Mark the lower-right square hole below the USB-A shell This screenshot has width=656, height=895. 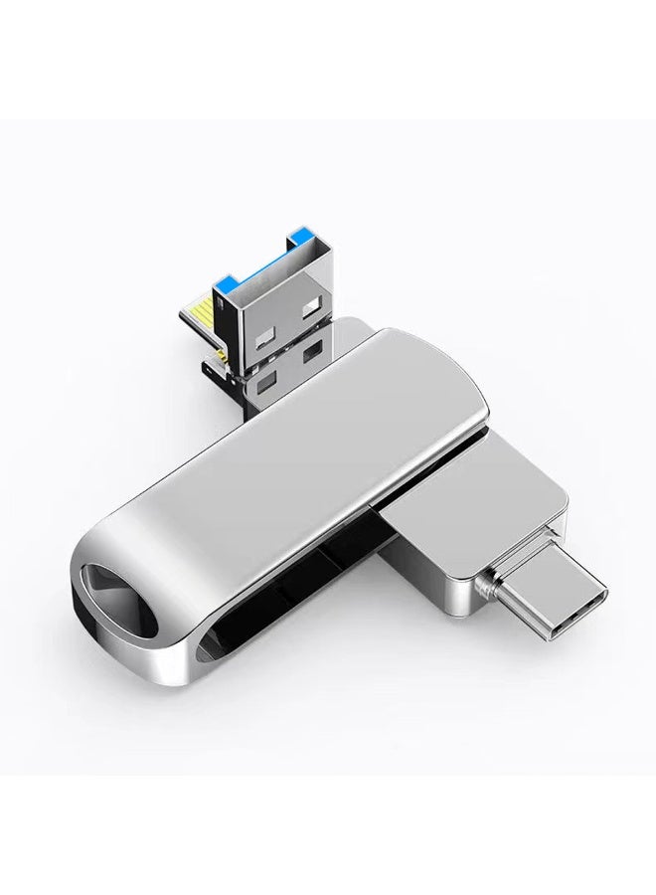click(x=315, y=349)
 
